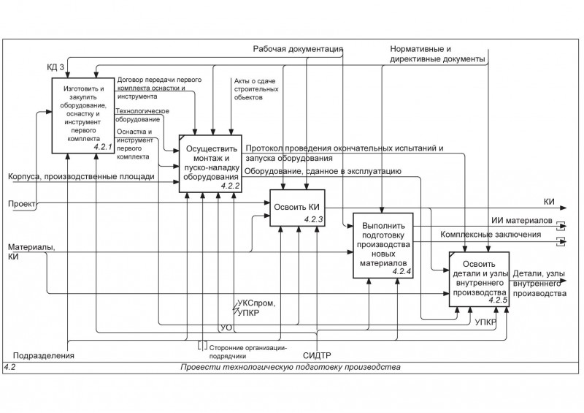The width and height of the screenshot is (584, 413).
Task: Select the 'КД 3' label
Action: [56, 68]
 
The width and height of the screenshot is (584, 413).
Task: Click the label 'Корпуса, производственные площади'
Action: [81, 176]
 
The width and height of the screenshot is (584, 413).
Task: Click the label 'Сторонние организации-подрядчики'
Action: [248, 352]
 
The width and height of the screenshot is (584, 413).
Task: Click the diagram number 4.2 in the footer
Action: [11, 367]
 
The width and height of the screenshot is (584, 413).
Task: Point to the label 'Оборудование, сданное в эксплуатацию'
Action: [323, 171]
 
